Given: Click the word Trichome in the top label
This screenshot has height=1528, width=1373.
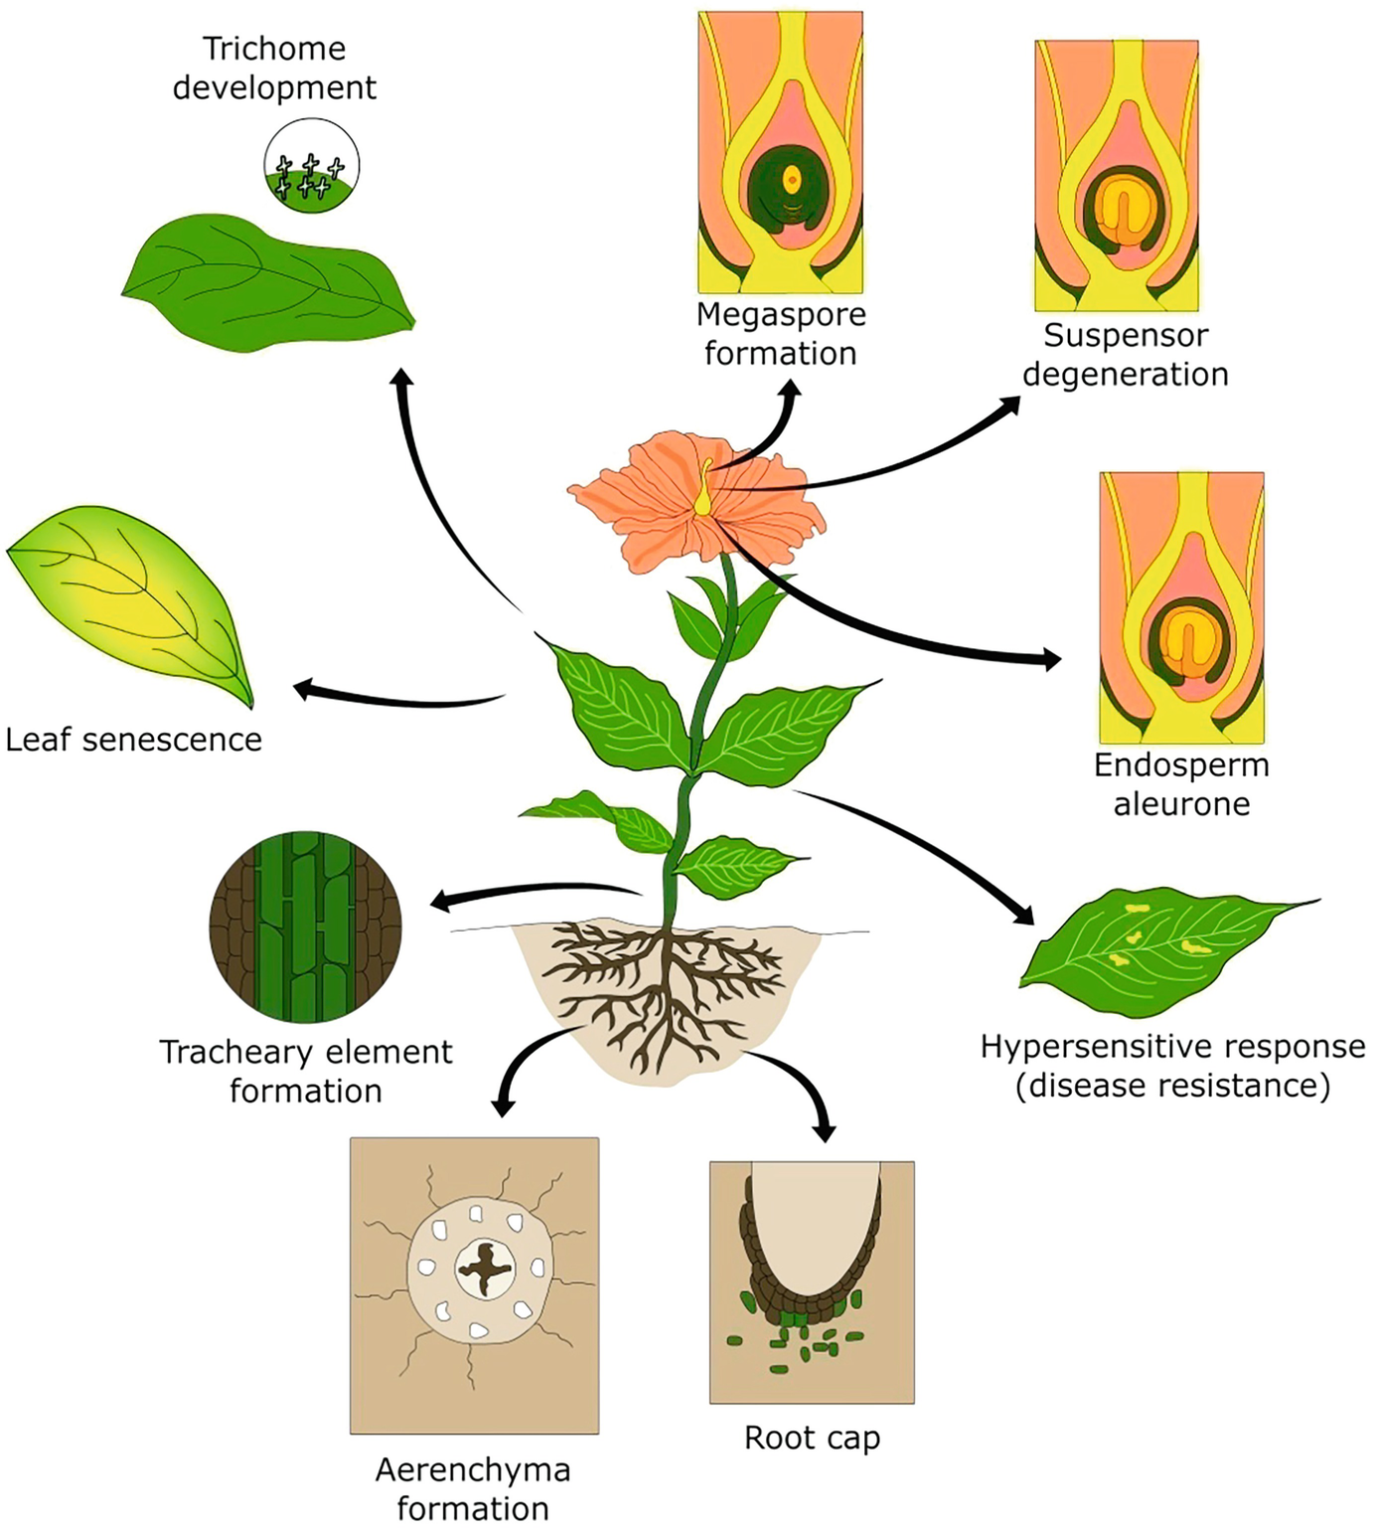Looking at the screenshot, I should pyautogui.click(x=274, y=49).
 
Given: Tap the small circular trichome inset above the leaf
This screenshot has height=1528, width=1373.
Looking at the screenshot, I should pyautogui.click(x=311, y=165).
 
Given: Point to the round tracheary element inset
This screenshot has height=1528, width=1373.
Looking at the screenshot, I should pyautogui.click(x=306, y=927).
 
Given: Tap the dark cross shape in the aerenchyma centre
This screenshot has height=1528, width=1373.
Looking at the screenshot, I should pyautogui.click(x=485, y=1268).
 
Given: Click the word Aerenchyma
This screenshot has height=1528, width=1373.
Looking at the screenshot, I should pyautogui.click(x=473, y=1470).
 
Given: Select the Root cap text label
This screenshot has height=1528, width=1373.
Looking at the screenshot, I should pyautogui.click(x=812, y=1438).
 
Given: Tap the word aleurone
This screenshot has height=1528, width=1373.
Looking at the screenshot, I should pyautogui.click(x=1181, y=803).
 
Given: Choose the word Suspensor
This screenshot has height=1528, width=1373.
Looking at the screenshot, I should pyautogui.click(x=1126, y=336).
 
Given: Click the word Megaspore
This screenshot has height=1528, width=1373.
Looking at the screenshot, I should pyautogui.click(x=781, y=315).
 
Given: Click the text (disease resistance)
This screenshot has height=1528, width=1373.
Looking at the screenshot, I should pyautogui.click(x=1172, y=1086).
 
